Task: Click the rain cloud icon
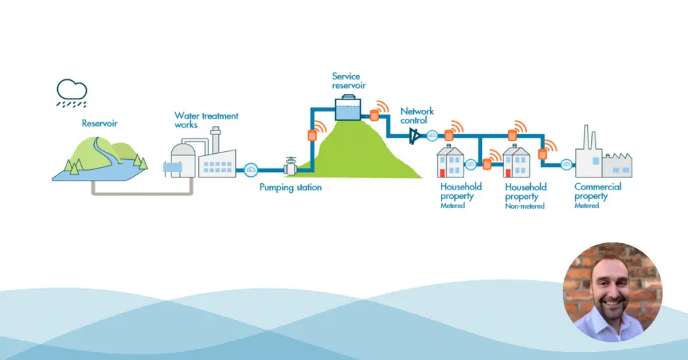click(71, 93)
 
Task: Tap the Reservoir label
click(99, 123)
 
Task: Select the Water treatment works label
click(206, 120)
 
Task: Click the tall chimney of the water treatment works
click(215, 140)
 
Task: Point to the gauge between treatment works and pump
click(251, 170)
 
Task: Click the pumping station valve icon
click(290, 166)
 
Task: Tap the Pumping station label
click(290, 187)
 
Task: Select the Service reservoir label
click(349, 81)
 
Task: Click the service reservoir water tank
click(348, 108)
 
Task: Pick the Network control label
click(417, 116)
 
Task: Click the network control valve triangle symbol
click(414, 136)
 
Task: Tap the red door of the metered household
click(443, 173)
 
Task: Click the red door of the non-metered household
click(508, 173)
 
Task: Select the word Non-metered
click(525, 206)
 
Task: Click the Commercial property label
click(597, 191)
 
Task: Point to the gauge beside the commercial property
click(566, 165)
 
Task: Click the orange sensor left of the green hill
click(312, 134)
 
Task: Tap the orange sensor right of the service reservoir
click(374, 116)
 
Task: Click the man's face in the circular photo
click(612, 284)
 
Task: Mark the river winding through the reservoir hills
click(105, 156)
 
